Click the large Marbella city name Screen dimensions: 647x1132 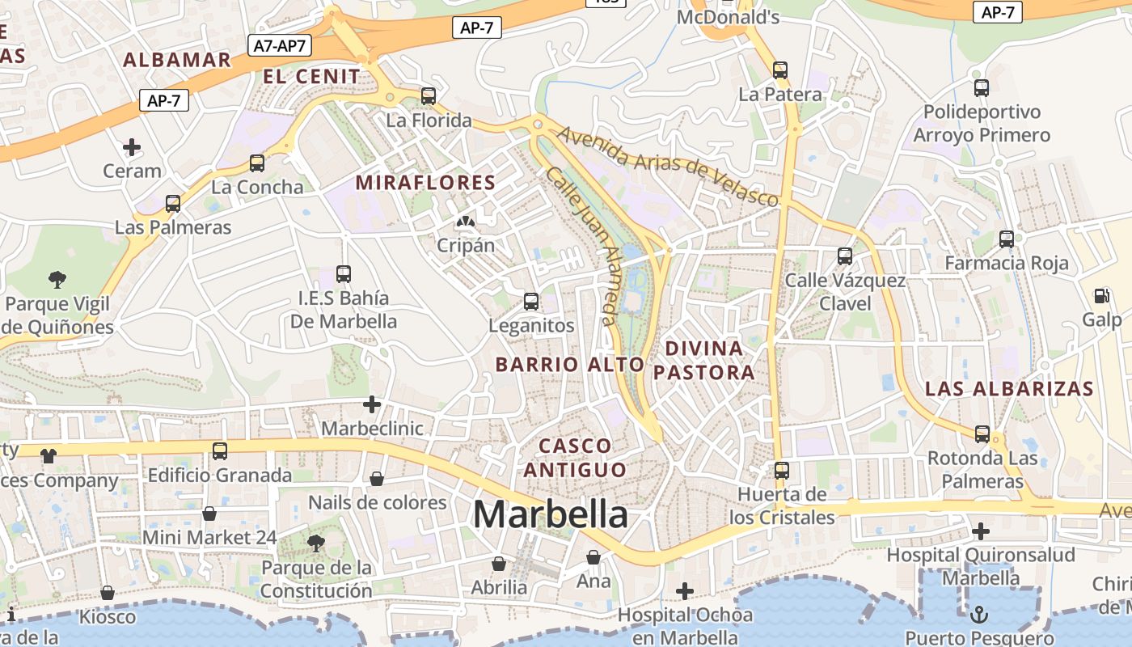tap(551, 514)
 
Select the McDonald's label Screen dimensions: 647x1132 tap(728, 17)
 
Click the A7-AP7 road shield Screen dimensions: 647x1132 tap(280, 45)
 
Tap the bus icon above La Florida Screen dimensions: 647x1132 tap(429, 96)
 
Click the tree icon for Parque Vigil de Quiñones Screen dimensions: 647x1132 tap(57, 280)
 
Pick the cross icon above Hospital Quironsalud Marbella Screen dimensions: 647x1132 tap(981, 531)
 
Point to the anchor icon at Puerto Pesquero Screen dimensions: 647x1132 tap(979, 614)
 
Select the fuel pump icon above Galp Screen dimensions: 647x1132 tap(1101, 296)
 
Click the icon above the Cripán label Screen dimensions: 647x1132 tap(465, 221)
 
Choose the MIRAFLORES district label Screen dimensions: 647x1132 tap(425, 183)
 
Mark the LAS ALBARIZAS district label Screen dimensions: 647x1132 tap(1009, 388)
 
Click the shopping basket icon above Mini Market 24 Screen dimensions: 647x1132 tap(209, 514)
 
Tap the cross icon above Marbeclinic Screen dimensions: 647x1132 tap(372, 404)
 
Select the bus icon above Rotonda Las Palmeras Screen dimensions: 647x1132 tap(982, 434)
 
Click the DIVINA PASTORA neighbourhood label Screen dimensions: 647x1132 tap(703, 360)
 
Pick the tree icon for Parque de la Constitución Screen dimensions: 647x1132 tap(316, 543)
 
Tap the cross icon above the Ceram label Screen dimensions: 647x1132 tap(132, 147)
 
